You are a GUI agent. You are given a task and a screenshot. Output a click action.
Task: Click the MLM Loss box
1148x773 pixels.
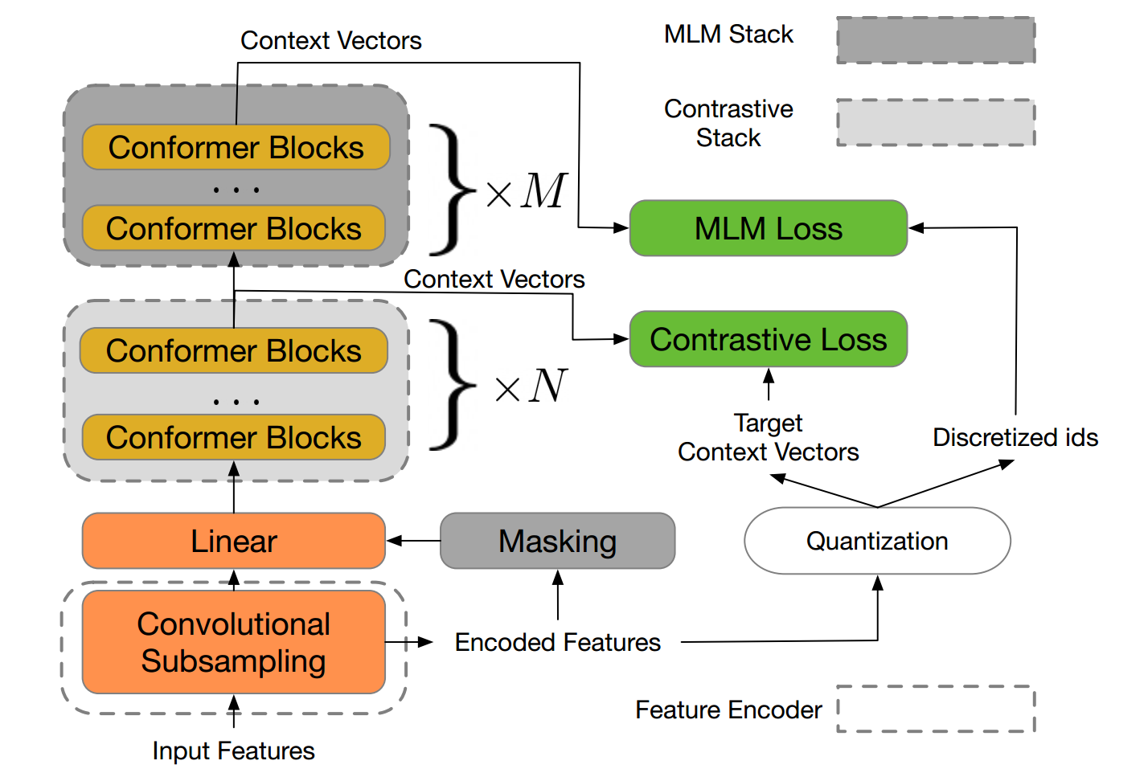coord(769,228)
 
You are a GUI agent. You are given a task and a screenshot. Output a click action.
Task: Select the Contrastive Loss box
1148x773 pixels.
coord(769,338)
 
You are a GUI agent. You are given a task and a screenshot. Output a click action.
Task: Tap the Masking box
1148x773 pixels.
coord(558,541)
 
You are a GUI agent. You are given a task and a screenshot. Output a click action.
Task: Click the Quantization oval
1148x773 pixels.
coord(877,541)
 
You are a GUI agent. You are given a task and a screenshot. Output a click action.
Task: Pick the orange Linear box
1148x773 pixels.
coord(234,541)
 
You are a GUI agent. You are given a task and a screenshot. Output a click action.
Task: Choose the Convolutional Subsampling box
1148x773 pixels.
coord(234,642)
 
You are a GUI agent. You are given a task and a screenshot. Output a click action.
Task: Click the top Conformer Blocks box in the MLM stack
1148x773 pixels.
coord(236,147)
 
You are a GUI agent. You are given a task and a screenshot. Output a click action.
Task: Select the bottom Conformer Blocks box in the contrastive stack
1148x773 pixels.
coord(234,437)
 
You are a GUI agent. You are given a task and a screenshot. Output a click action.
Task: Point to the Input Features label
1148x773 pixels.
coord(234,751)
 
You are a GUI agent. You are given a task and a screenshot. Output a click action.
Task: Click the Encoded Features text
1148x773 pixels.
coord(558,642)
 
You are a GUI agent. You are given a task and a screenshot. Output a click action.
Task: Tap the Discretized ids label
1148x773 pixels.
coord(1015,437)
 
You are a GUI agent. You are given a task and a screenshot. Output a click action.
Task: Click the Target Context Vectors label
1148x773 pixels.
coord(769,437)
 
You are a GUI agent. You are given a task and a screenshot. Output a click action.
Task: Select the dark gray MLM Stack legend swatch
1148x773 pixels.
coord(936,40)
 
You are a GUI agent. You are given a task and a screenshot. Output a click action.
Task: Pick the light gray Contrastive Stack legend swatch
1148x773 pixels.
coord(936,122)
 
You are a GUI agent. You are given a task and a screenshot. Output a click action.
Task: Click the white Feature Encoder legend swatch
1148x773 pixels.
coord(936,709)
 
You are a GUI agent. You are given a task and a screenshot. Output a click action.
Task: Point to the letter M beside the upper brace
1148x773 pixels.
coord(543,190)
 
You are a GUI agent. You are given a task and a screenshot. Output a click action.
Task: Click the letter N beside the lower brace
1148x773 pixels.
coord(548,385)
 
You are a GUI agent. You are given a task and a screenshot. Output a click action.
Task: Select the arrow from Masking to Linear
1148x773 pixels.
coord(413,541)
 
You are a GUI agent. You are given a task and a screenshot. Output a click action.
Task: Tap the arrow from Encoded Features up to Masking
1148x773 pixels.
coord(558,595)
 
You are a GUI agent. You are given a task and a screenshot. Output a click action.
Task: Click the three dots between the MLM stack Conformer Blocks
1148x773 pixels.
coord(236,190)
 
